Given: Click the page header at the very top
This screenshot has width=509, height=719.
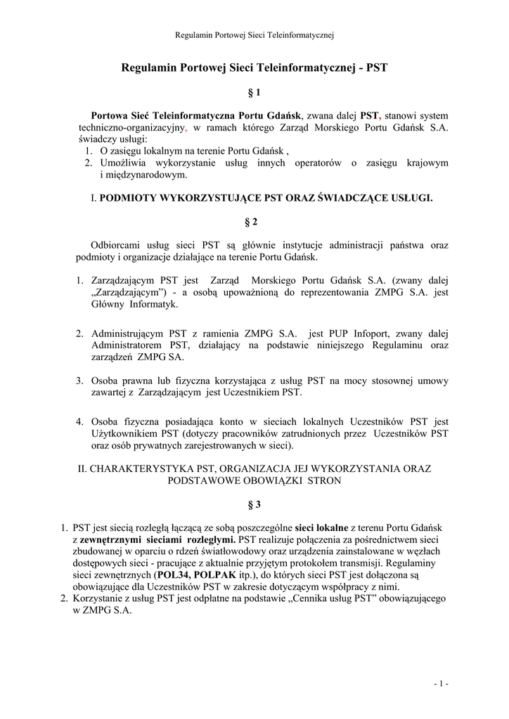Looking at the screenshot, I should [254, 34].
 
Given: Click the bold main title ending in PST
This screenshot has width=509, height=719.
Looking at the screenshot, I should [254, 68].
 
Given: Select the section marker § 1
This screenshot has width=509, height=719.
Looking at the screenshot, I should [254, 92].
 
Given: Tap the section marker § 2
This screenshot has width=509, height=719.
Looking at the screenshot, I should [254, 222].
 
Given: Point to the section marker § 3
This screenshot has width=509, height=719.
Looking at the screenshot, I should [254, 504].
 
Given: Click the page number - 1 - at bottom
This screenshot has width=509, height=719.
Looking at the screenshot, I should [441, 683].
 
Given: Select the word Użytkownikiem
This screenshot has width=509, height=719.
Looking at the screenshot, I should [124, 433].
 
